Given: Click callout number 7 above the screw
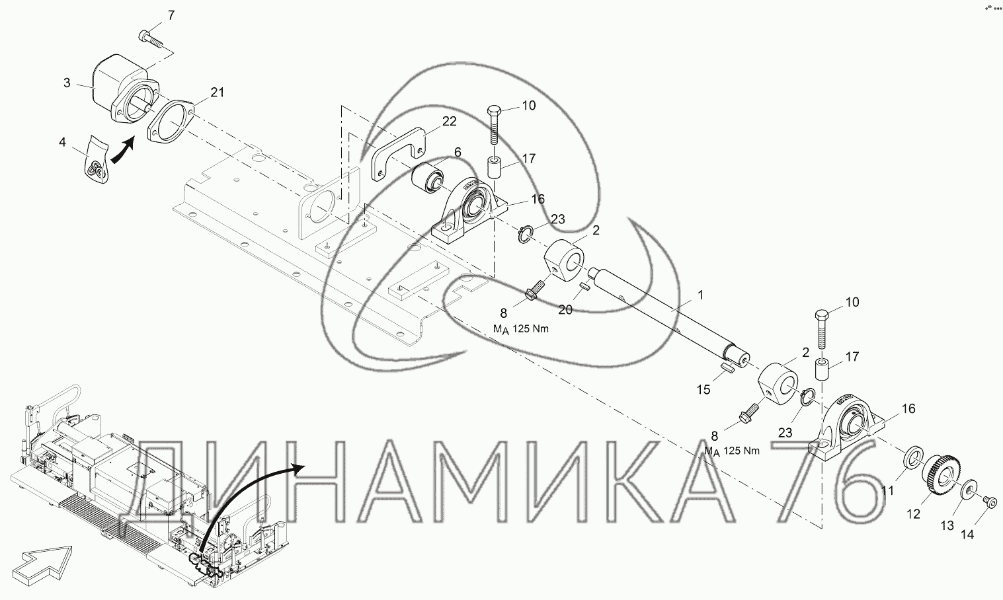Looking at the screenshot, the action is [171, 16].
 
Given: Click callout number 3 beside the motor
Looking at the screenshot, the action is [67, 83].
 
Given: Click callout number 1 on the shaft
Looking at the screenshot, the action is [701, 295].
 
